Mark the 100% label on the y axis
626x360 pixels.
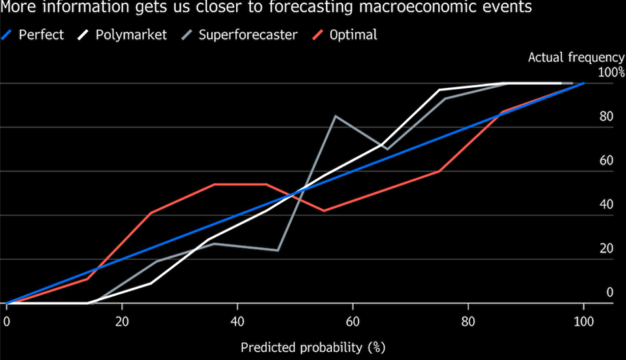[611, 73]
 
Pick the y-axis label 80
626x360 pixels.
[606, 117]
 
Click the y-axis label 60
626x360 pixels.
[606, 161]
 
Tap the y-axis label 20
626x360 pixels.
[606, 249]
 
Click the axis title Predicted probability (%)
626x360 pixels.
[313, 348]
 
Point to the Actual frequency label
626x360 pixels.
[576, 57]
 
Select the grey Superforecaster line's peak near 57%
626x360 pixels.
[335, 116]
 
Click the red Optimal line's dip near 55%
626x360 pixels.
[324, 211]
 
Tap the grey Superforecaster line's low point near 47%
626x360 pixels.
[277, 250]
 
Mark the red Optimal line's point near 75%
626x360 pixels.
[440, 171]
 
